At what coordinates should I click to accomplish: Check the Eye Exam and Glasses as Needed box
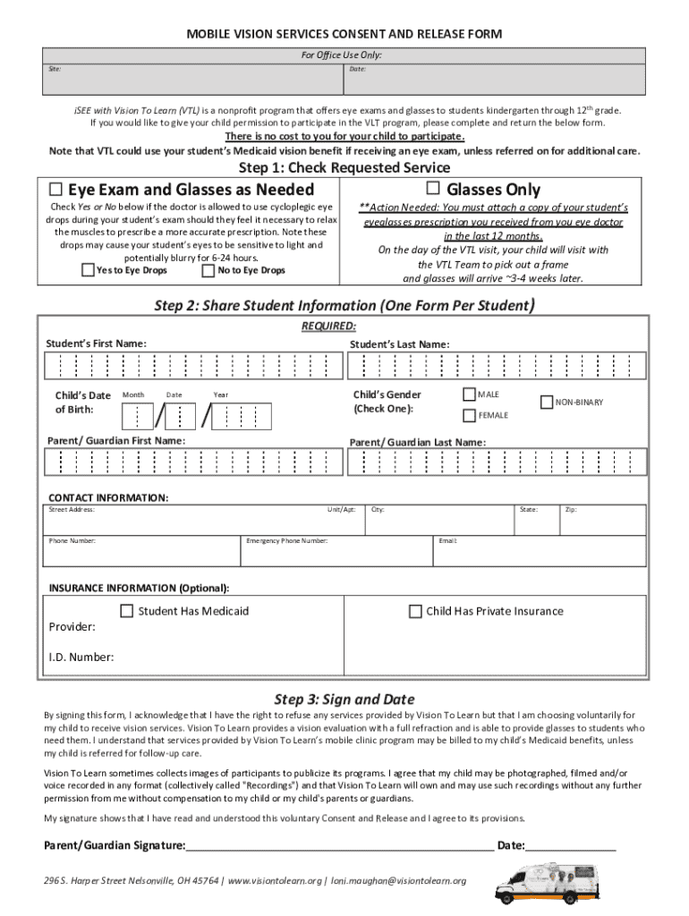coord(55,189)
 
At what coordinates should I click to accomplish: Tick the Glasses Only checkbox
coord(433,188)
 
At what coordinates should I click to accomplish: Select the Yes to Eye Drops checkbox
coord(88,270)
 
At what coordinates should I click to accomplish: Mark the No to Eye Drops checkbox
coord(208,270)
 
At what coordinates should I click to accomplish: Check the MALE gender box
coord(469,394)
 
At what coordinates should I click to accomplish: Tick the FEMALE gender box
coord(469,415)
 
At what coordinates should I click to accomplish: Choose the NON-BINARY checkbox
coord(547,403)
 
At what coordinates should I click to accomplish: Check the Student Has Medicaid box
coord(127,612)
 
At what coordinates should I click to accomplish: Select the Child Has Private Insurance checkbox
coord(415,612)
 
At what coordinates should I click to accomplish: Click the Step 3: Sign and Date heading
coord(344,700)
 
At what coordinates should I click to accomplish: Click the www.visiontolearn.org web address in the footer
coord(276,881)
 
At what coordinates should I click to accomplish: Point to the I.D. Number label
coord(81,657)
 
